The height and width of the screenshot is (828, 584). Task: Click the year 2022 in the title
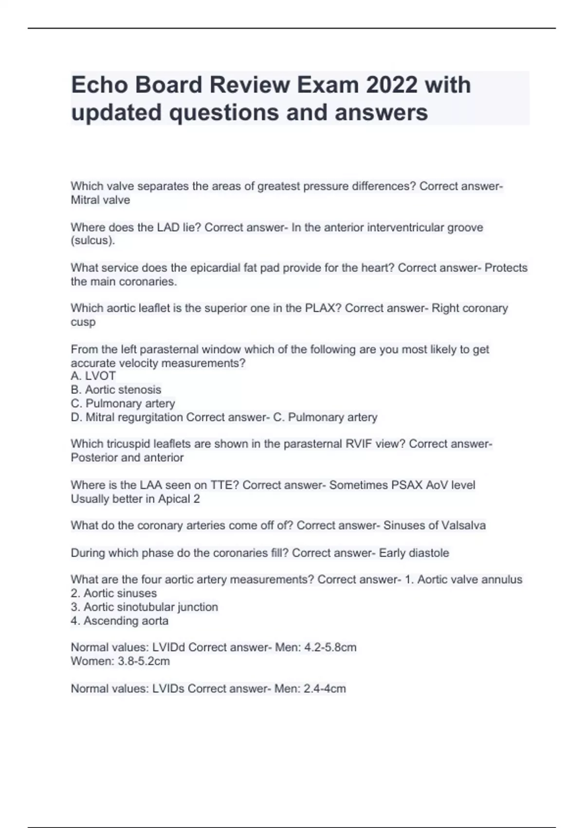click(391, 85)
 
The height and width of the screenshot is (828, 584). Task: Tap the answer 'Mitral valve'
click(100, 200)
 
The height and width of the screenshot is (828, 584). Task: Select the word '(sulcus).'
click(93, 241)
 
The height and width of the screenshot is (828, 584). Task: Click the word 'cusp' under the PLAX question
click(83, 322)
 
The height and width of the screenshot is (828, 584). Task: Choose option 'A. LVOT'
click(93, 376)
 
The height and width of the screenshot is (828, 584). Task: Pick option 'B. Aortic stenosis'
click(116, 390)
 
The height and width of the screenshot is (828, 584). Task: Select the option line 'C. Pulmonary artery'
click(123, 403)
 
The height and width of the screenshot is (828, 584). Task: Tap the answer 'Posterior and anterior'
click(127, 458)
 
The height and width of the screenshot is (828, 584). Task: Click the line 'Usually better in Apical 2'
click(135, 499)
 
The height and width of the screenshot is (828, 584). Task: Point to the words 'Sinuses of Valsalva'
click(434, 526)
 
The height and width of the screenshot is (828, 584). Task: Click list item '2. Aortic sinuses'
click(114, 593)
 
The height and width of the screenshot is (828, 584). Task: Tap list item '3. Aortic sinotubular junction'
click(145, 607)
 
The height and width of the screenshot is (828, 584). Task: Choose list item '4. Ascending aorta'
click(120, 621)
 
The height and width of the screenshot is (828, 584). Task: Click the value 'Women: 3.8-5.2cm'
click(120, 661)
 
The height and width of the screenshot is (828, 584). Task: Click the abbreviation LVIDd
click(169, 648)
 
